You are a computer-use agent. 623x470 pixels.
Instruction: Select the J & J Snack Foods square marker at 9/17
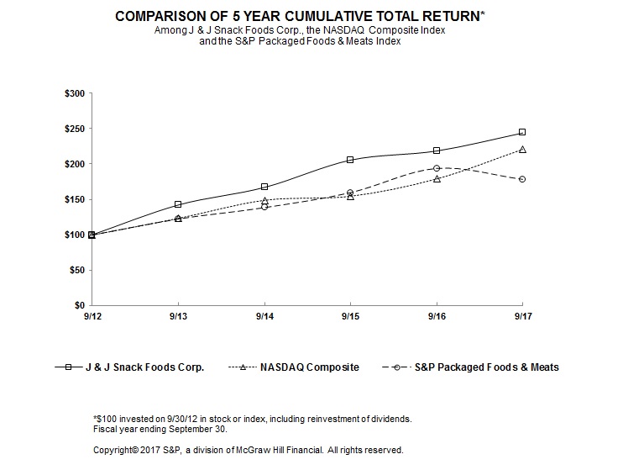[522, 132]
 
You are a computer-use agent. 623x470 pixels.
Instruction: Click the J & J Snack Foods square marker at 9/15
[350, 160]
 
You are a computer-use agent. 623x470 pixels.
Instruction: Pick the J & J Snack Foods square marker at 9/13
[178, 204]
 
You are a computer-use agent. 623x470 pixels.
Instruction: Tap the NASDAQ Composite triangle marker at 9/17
[522, 150]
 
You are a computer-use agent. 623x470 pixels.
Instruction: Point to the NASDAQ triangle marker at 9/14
[264, 201]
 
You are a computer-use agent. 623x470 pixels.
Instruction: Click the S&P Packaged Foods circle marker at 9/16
[437, 168]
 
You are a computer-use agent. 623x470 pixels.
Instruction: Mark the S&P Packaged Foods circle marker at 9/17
[522, 179]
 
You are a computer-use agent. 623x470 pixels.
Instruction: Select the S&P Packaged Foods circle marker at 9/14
[264, 207]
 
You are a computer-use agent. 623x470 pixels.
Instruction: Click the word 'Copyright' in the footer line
[116, 449]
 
